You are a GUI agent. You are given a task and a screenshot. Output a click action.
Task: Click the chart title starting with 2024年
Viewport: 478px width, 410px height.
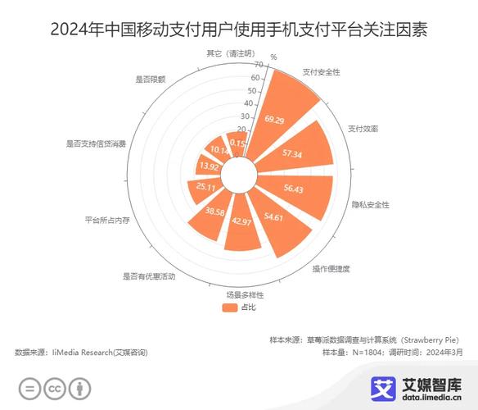coord(239,30)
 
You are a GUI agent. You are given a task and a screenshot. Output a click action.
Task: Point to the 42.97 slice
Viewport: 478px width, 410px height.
coord(241,221)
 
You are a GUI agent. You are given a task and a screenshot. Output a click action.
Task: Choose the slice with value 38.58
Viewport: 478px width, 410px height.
coord(214,212)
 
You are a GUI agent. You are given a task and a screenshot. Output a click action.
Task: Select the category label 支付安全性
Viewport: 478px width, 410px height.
coord(321,72)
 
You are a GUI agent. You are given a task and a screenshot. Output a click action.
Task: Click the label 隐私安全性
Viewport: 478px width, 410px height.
coord(370,203)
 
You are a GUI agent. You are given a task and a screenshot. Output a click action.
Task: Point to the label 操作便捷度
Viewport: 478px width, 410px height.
coord(331,268)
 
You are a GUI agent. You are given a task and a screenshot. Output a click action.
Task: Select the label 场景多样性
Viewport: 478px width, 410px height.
coord(246,294)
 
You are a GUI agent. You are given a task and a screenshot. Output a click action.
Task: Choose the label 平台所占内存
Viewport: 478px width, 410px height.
coord(108,220)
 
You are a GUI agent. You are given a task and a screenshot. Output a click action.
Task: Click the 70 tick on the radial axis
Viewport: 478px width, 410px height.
coord(258,64)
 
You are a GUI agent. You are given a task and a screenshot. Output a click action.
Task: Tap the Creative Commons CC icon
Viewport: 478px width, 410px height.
coord(54,388)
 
